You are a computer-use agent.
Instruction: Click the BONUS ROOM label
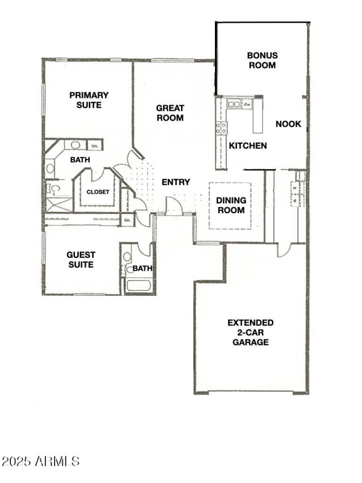[262, 60]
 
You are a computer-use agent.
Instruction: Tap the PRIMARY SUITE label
[89, 100]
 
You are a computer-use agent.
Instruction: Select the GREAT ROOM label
[170, 113]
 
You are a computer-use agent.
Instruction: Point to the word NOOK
[288, 124]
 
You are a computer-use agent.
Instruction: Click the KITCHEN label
[248, 146]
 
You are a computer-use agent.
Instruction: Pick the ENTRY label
[176, 182]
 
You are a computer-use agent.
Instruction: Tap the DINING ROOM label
[231, 205]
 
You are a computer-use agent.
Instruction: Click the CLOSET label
[98, 191]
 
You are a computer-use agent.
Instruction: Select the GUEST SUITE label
[81, 260]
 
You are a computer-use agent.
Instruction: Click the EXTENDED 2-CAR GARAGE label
[250, 332]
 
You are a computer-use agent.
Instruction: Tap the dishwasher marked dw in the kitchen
[247, 104]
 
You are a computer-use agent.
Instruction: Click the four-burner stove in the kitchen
[221, 128]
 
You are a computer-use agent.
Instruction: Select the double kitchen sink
[234, 104]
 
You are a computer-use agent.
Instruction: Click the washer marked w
[295, 187]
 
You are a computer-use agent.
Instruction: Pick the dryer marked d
[295, 199]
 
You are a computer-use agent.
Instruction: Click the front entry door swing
[174, 205]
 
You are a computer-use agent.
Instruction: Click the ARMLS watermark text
[41, 462]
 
